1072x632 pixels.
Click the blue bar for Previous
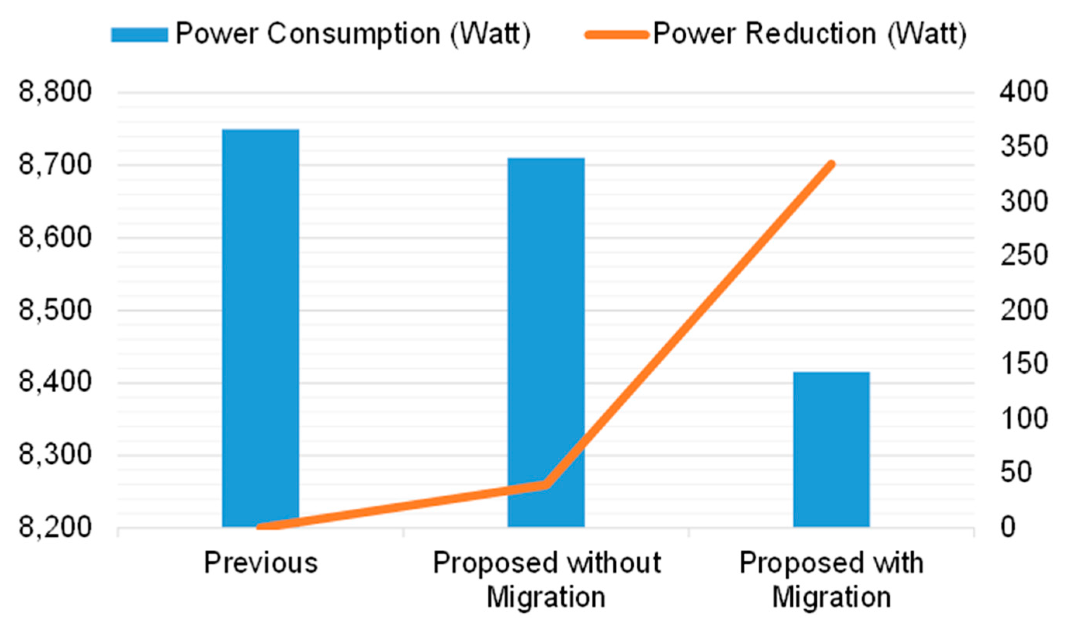click(260, 328)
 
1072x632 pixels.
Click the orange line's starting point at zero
click(261, 527)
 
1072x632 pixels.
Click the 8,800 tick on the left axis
click(55, 92)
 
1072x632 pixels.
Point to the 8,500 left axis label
click(55, 310)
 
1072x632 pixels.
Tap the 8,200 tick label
click(55, 527)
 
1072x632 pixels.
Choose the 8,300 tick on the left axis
click(55, 455)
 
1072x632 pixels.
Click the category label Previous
click(261, 563)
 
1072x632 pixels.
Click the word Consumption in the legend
click(353, 34)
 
